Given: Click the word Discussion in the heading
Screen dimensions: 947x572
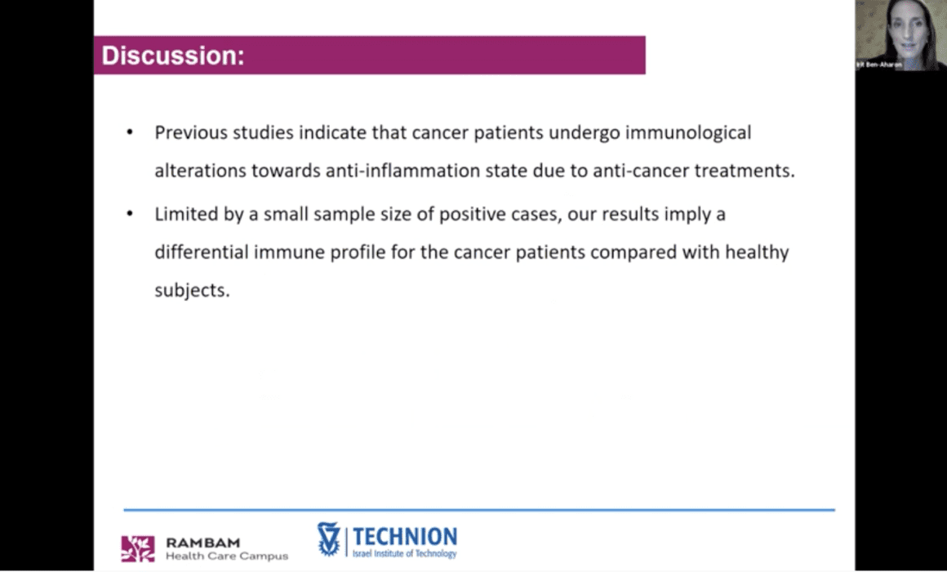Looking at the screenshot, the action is click(x=170, y=56).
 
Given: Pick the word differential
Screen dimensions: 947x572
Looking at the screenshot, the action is click(x=201, y=252).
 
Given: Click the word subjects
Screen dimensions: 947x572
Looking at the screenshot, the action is click(x=192, y=291).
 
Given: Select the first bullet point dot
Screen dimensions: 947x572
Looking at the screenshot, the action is click(x=129, y=132).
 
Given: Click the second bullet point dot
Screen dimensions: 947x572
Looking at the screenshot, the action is click(x=129, y=214).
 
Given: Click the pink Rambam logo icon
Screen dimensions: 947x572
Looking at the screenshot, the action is click(x=138, y=548).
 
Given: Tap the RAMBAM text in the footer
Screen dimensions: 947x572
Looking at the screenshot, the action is click(x=203, y=543).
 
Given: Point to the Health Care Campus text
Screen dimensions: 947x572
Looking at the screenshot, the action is click(x=227, y=556).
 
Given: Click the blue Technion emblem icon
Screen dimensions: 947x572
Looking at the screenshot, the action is click(x=328, y=538).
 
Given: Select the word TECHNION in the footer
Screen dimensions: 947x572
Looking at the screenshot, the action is click(x=405, y=536).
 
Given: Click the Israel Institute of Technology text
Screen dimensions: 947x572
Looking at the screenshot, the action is click(x=405, y=553).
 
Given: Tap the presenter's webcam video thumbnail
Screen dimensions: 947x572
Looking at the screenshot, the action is click(x=900, y=35).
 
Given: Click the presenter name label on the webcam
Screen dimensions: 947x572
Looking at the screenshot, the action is click(x=879, y=64).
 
